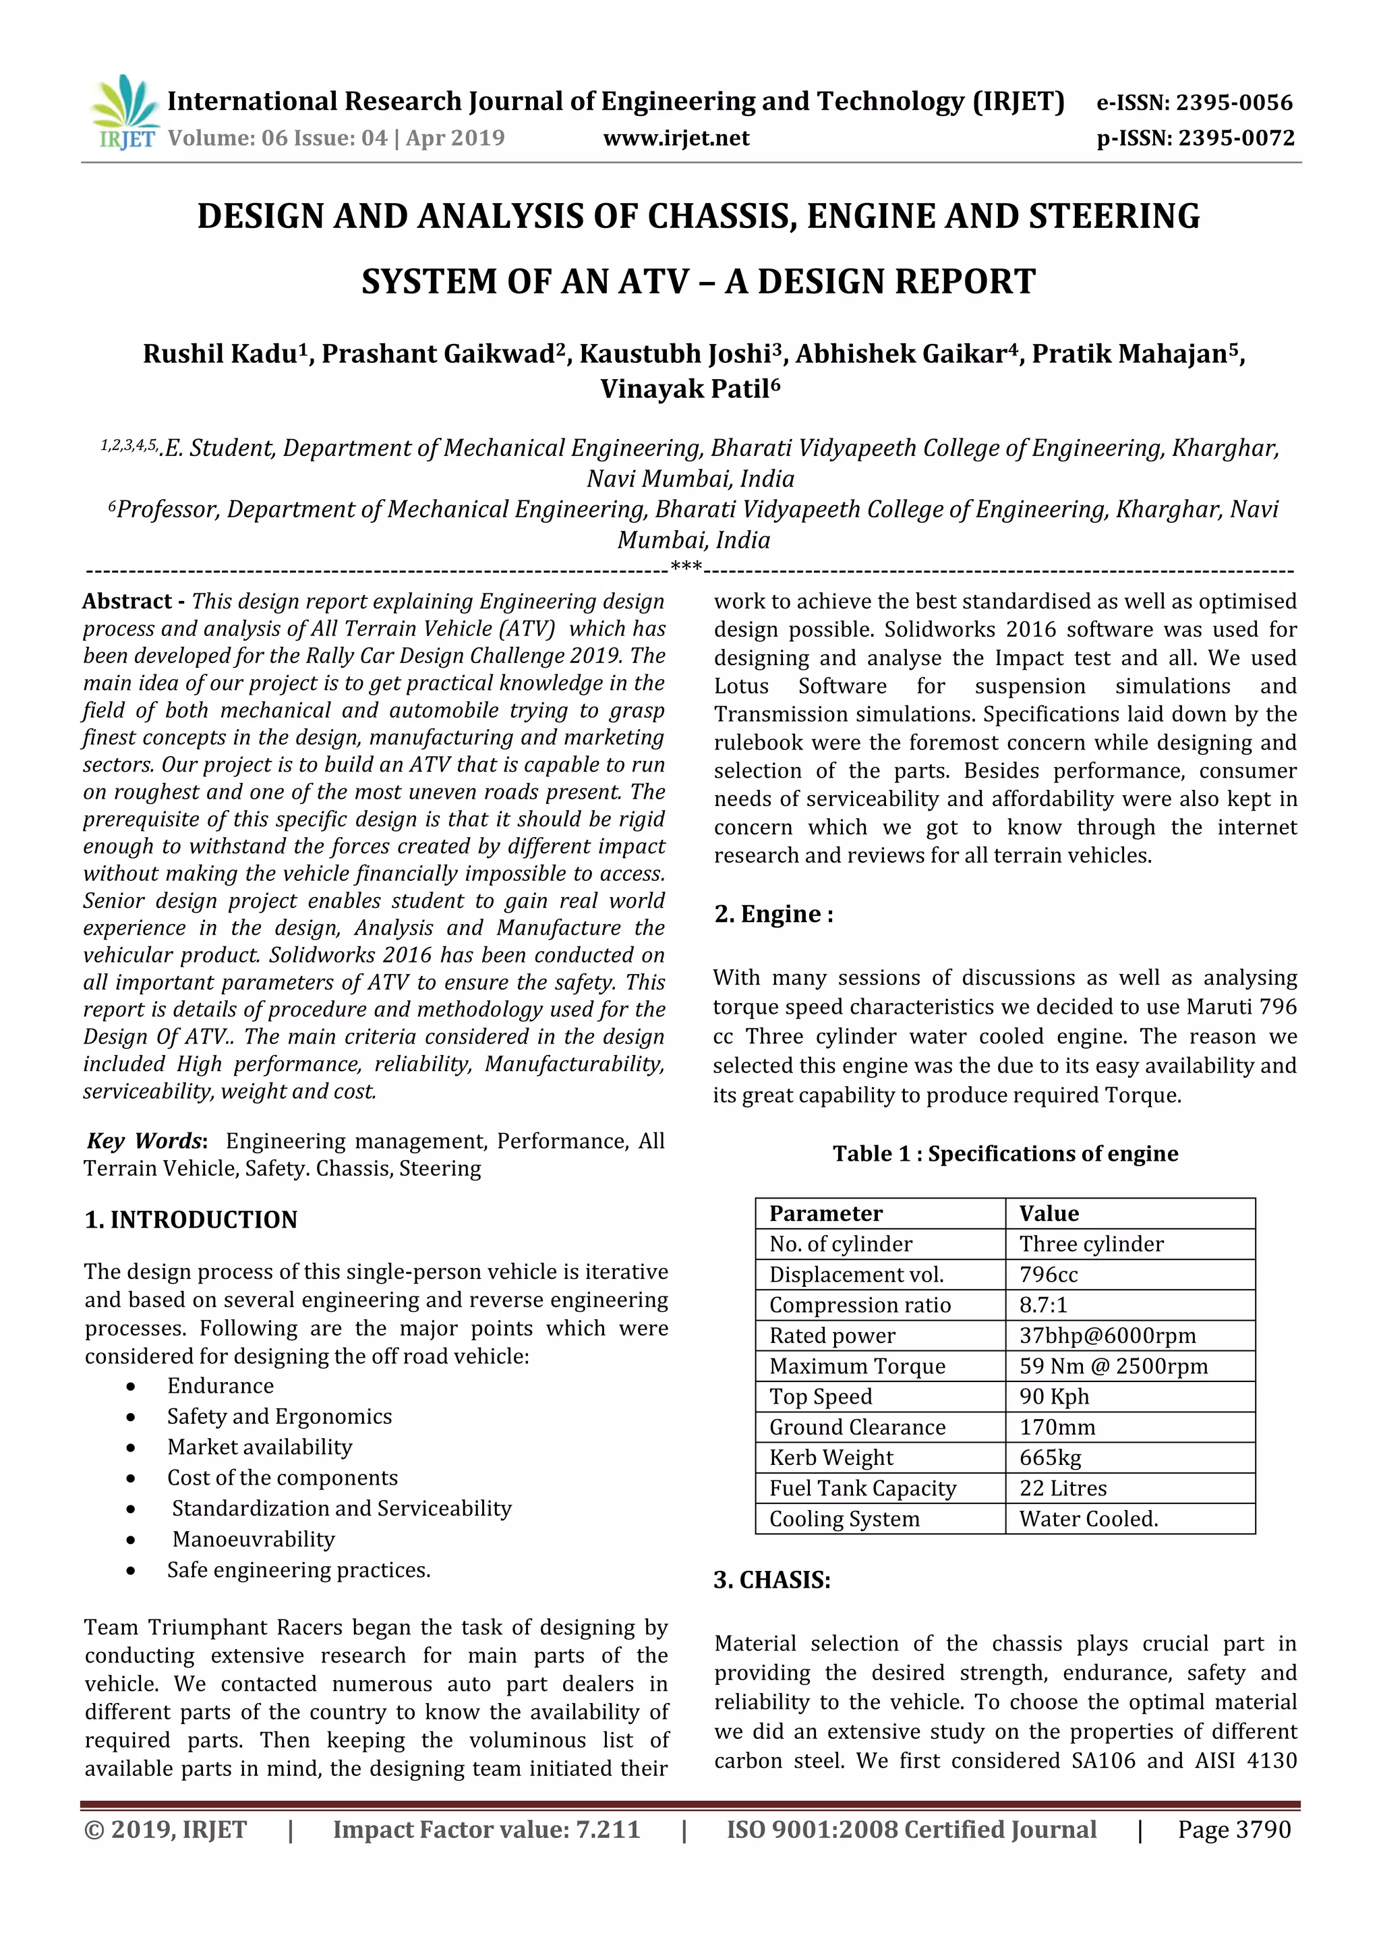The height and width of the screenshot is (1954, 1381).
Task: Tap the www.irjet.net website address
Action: (676, 138)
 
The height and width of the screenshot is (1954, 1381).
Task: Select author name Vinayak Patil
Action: (689, 389)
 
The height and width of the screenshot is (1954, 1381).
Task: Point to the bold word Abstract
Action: (127, 601)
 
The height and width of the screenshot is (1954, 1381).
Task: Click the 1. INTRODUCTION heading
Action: (192, 1219)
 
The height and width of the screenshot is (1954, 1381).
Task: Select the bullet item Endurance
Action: (221, 1385)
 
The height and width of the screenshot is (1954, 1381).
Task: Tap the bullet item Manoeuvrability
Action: (254, 1539)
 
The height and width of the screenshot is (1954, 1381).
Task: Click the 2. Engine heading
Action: (773, 914)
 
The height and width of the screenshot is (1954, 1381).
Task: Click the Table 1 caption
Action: (1005, 1153)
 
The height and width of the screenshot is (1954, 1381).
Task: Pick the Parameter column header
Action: (825, 1213)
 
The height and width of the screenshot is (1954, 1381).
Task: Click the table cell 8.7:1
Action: (1043, 1304)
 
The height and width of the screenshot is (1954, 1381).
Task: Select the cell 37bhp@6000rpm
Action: (1107, 1335)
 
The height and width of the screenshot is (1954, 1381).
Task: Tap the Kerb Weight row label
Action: (831, 1458)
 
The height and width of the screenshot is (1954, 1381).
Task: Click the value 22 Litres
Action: (1063, 1489)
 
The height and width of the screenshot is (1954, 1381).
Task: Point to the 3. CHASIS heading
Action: (772, 1580)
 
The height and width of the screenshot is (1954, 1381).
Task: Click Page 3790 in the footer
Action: (1234, 1830)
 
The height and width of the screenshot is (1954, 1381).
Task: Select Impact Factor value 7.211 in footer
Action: (486, 1830)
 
